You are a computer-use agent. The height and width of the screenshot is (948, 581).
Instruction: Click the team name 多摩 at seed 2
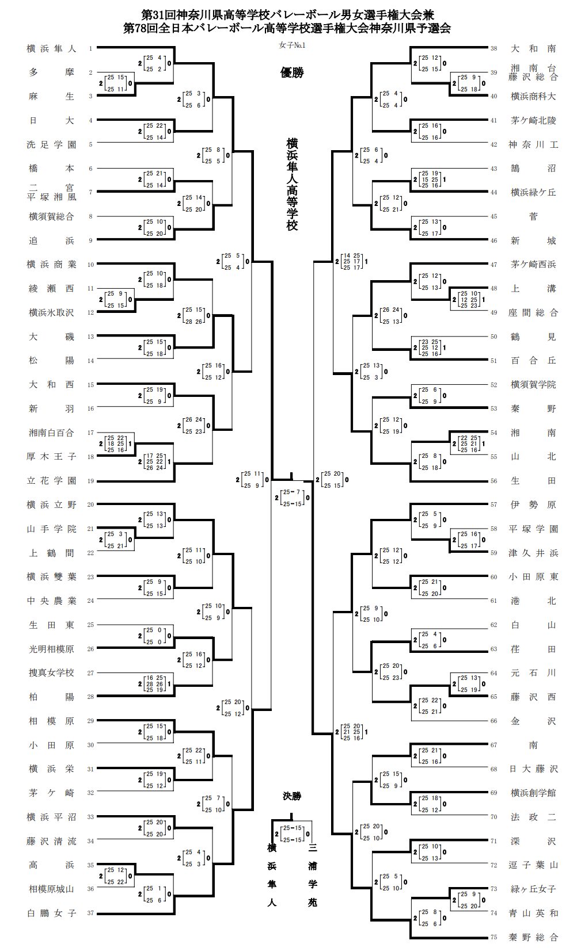(52, 73)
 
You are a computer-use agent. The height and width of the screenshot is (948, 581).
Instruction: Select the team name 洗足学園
(52, 145)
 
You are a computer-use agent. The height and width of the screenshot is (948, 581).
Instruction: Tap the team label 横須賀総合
(52, 217)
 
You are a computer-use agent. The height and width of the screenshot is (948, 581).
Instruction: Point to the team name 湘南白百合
(52, 433)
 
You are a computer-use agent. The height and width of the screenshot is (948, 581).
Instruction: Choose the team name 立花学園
(52, 481)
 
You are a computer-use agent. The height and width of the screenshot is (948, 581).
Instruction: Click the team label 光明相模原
(52, 649)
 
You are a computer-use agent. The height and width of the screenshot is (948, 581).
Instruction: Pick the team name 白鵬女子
(52, 913)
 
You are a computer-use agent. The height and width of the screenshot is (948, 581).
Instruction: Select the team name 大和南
(533, 49)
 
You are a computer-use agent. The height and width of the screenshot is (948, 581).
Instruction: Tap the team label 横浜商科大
(533, 97)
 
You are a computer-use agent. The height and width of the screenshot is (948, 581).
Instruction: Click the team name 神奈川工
(533, 145)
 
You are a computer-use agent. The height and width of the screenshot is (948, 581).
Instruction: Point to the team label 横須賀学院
(533, 385)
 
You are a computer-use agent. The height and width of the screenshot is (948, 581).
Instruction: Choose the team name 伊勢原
(533, 505)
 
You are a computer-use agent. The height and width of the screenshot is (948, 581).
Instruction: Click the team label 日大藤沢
(533, 769)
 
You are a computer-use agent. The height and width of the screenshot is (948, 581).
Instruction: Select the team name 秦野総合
(533, 937)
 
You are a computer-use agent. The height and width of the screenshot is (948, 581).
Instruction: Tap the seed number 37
(90, 913)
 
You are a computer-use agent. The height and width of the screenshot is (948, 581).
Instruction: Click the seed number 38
(493, 49)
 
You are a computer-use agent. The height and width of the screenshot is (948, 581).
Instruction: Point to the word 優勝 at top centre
(292, 72)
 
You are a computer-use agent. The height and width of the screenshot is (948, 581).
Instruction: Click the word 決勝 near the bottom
(292, 796)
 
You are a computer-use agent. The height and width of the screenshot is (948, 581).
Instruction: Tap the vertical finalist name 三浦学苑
(313, 875)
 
